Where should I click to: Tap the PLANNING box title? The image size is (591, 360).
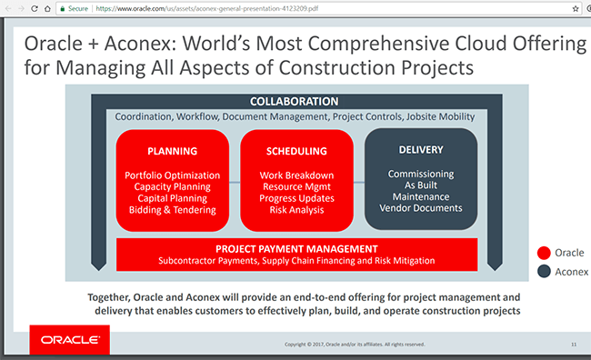pos(172,150)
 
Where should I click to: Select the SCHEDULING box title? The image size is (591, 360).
pos(296,150)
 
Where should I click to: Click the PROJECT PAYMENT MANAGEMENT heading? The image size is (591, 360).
pos(297,248)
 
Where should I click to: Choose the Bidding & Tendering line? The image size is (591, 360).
pos(173,210)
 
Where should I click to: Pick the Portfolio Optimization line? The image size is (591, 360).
pos(173,175)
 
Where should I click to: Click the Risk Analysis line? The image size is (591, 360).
pos(296,210)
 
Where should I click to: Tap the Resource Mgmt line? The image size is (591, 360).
pos(296,186)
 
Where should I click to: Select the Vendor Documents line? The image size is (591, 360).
pos(420,208)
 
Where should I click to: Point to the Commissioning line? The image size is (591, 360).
pos(420,173)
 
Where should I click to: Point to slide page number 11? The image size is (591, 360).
pos(574,345)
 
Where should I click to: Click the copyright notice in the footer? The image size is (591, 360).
pos(354,345)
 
